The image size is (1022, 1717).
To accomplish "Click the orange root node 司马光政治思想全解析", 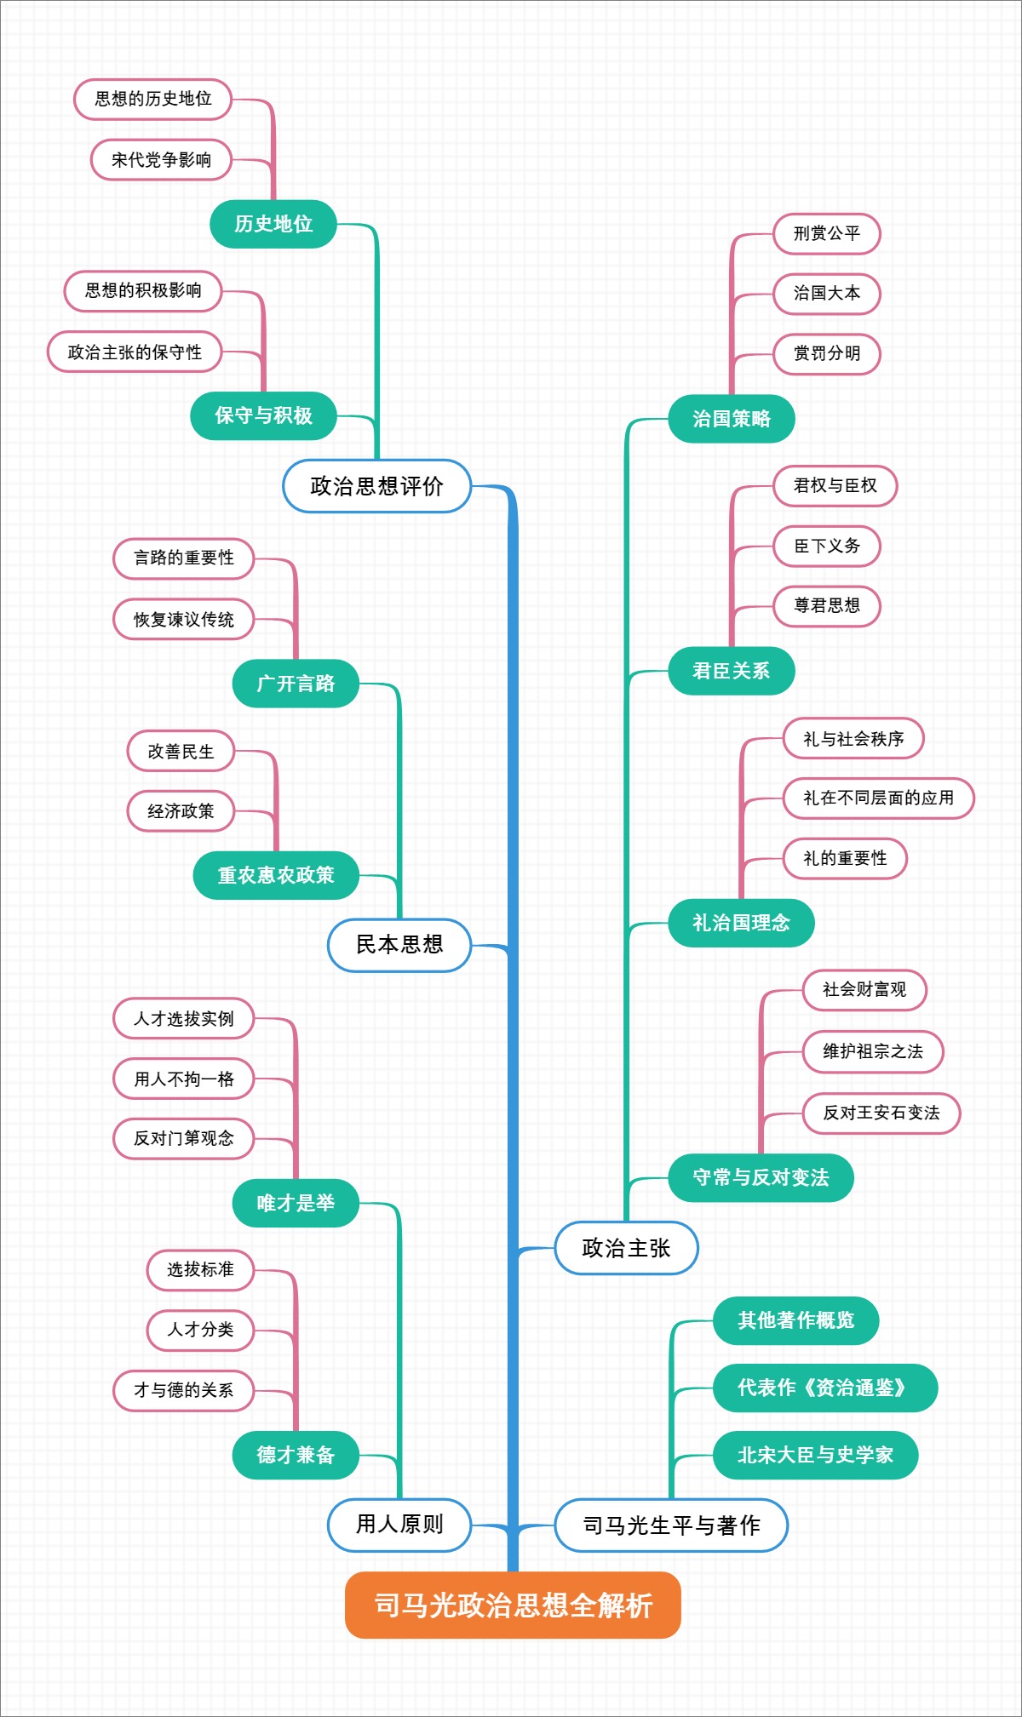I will [513, 1605].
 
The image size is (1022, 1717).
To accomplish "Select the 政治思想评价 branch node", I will [376, 486].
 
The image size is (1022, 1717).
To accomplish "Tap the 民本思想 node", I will [399, 944].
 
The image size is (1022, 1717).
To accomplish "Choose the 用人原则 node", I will [399, 1525].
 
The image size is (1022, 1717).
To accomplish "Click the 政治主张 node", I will [626, 1248].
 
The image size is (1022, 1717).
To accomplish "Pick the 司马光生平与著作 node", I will [671, 1525].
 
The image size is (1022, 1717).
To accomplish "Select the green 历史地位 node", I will [273, 224].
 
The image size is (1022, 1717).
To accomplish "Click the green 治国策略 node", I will [731, 419].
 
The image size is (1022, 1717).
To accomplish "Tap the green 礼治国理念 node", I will [741, 923].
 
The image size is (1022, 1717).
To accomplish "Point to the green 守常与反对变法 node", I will [761, 1177].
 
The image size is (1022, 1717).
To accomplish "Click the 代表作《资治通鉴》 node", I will [824, 1388].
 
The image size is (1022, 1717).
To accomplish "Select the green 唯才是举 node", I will [296, 1203].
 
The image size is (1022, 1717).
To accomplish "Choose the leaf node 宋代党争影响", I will [161, 160].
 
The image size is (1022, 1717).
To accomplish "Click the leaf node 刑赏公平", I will [826, 233].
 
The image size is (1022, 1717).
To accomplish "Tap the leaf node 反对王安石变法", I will [881, 1113].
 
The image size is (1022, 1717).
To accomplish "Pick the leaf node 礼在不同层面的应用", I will [878, 798].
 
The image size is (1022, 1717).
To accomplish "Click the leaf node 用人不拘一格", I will [184, 1079].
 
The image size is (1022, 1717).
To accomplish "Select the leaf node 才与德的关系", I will [184, 1390].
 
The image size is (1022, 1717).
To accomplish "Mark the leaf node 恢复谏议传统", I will [184, 619].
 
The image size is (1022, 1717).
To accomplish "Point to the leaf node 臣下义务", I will [826, 546].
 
